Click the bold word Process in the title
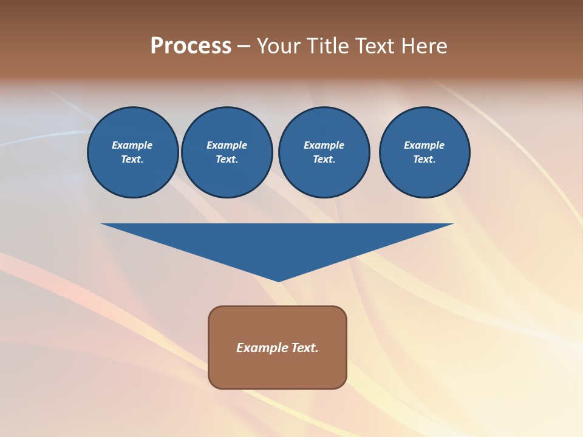coord(191,46)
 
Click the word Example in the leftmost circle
coord(132,145)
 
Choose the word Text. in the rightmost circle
coord(424,159)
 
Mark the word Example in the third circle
coord(324,145)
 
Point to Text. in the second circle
coord(227,159)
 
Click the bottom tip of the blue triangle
coord(278,280)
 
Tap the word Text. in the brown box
coord(304,348)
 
